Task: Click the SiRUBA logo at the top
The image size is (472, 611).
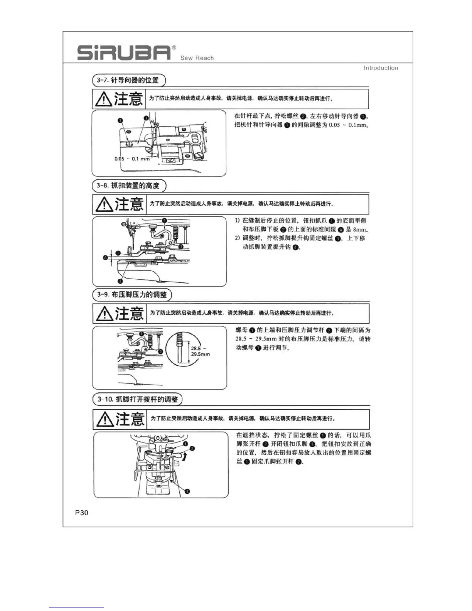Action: pos(124,53)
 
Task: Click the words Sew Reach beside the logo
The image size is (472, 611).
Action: pos(197,58)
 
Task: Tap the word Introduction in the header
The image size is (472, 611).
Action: pos(381,68)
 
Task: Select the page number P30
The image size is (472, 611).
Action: pos(82,513)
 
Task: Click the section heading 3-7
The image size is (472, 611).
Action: pos(129,80)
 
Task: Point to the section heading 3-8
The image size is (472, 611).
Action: pos(129,186)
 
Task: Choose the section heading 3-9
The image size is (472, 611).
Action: pos(132,295)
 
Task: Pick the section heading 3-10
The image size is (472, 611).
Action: pos(137,399)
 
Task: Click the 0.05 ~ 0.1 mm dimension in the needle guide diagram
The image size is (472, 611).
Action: pos(132,159)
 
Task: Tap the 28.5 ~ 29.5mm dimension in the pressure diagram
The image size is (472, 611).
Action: pos(200,351)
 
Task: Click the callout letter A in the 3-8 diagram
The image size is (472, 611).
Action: pos(105,257)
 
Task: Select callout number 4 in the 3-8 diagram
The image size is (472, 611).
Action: pos(164,220)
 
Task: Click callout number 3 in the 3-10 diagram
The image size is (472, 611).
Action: pos(187,491)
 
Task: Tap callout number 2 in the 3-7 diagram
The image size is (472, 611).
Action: pos(120,121)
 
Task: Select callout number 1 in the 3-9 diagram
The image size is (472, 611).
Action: pos(142,334)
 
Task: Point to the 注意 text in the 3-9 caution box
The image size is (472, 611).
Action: pos(130,313)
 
